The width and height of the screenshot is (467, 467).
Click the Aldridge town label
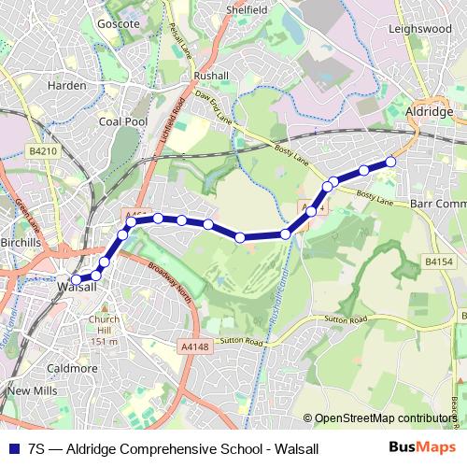(431, 110)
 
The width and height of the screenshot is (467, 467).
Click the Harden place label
(67, 85)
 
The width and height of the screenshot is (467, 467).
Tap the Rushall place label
(210, 76)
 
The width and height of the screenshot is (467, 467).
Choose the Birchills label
(21, 242)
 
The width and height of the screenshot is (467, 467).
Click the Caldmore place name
(72, 368)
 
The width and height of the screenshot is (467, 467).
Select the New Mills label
(31, 389)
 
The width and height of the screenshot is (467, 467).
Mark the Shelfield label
(248, 8)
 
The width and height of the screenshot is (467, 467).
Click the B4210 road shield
(43, 150)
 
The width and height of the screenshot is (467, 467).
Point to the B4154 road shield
(438, 263)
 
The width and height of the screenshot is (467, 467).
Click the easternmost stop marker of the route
(390, 163)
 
